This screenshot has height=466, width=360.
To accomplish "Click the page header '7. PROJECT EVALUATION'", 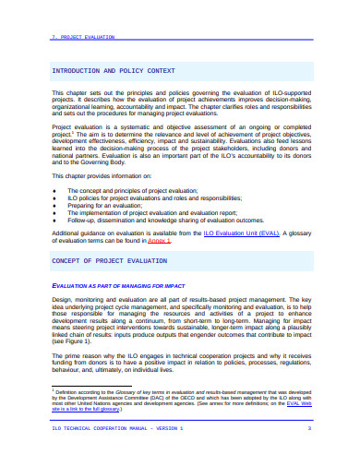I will (x=83, y=38).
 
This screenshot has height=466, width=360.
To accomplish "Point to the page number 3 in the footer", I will (x=309, y=430).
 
